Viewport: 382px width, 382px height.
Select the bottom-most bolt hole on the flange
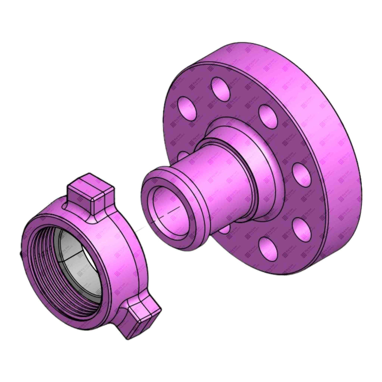click(x=268, y=247)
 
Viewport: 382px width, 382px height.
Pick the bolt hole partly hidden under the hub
click(x=224, y=230)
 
